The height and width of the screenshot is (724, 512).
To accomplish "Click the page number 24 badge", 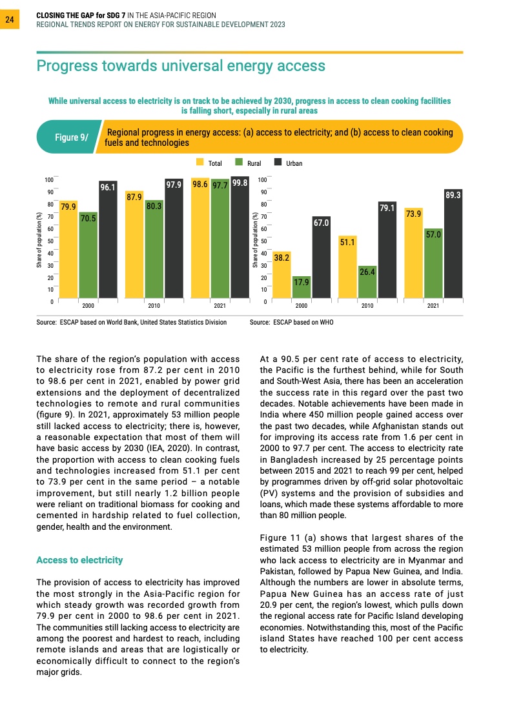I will [10, 20].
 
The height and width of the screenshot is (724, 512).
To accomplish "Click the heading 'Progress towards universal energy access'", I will [181, 66].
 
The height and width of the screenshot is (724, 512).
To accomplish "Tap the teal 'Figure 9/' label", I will [71, 137].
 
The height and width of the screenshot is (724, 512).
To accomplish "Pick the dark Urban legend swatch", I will [278, 163].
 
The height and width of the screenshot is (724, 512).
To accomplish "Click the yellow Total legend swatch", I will [200, 163].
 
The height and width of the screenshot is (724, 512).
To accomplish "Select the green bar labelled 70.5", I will [88, 258].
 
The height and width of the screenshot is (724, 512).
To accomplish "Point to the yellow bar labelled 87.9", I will [134, 248].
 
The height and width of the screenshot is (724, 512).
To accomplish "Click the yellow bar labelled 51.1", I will [347, 268].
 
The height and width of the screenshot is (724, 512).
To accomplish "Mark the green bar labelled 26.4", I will [367, 284].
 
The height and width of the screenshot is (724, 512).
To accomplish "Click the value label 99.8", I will [240, 184].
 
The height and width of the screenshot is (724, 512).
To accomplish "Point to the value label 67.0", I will [322, 223].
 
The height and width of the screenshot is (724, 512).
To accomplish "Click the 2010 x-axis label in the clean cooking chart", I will [367, 306].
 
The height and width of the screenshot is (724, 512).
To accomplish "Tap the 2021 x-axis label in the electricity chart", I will [220, 306].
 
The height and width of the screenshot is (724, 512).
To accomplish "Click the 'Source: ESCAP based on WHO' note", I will [291, 322].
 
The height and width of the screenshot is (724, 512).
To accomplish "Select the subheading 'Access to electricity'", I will [79, 559].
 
